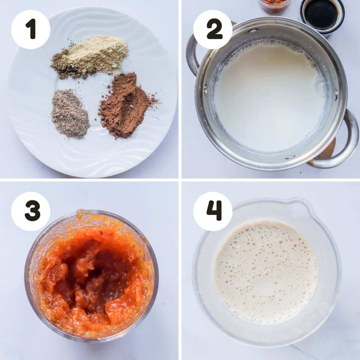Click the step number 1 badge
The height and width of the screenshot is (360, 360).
coord(31,29)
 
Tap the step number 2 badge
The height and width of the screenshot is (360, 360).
coord(213,29)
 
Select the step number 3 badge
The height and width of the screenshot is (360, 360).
coord(31,211)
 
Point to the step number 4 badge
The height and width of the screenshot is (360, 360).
coord(213,211)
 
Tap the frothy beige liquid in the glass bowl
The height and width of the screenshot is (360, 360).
coord(265,267)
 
